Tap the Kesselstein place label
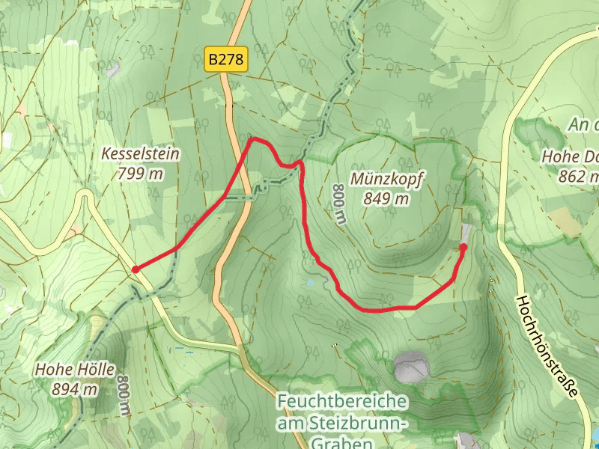[x=140, y=155]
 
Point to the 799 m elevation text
[x=140, y=174]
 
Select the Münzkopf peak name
[x=386, y=180]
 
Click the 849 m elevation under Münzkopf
[x=386, y=198]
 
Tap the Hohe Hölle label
[x=74, y=370]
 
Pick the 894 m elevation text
[x=74, y=388]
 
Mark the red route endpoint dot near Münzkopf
[x=463, y=247]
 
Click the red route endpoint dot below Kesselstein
[x=135, y=269]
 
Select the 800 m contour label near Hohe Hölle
[x=124, y=396]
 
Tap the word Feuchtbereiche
[x=342, y=402]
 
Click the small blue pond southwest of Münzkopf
[x=310, y=283]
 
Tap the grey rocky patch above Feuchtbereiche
[x=412, y=367]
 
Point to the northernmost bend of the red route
[x=252, y=138]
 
